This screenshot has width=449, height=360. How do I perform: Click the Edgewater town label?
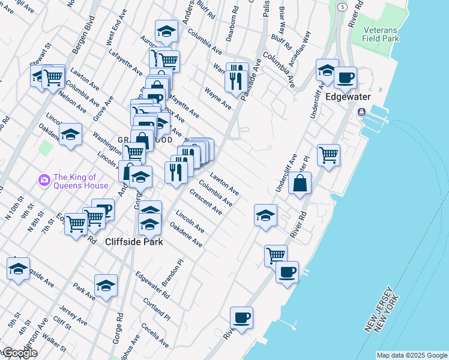pyautogui.click(x=348, y=97)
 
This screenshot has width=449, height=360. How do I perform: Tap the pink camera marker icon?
pyautogui.click(x=44, y=180)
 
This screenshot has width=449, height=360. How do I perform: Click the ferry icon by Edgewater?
pyautogui.click(x=363, y=112)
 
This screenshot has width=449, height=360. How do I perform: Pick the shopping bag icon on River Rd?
pyautogui.click(x=300, y=183)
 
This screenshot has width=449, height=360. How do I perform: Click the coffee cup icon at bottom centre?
pyautogui.click(x=241, y=317)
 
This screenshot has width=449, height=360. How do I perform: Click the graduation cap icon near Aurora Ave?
pyautogui.click(x=166, y=31)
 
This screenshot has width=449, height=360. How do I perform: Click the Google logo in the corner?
pyautogui.click(x=19, y=353)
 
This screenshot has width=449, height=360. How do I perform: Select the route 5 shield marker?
pyautogui.click(x=342, y=7)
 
